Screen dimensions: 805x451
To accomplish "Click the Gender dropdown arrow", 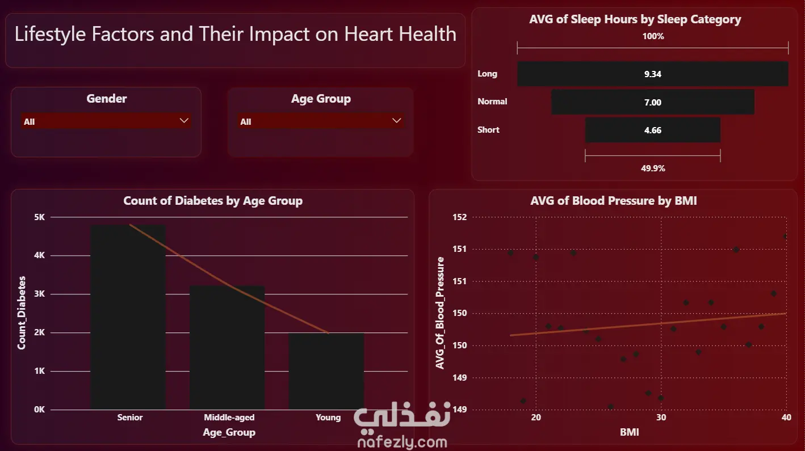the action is [184, 121].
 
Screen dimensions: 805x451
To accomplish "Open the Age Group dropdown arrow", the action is [396, 121].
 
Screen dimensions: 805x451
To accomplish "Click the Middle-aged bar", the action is [227, 348].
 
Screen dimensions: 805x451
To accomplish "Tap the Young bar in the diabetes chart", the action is [326, 371].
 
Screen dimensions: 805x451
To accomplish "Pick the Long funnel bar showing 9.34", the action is [653, 74].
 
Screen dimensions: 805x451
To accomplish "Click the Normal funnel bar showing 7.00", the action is [653, 102].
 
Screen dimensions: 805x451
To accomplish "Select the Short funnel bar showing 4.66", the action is [653, 130].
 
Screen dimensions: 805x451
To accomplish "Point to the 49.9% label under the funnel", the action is [653, 168].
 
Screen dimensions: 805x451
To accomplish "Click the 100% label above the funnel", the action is [653, 36].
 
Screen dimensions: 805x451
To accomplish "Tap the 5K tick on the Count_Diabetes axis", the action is [40, 217].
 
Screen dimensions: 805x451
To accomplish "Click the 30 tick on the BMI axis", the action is [661, 418].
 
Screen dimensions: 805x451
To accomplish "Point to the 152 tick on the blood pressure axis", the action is [460, 217].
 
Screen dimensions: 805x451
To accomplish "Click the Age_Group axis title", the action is [229, 432].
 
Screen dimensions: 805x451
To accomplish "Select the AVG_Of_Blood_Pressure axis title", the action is [440, 313].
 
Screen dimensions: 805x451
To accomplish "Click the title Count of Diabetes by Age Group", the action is [213, 201].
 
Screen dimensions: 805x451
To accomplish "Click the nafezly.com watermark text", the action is [402, 442].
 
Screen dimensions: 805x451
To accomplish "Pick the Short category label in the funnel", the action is [488, 129].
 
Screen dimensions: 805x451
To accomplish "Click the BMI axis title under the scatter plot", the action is [629, 432].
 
